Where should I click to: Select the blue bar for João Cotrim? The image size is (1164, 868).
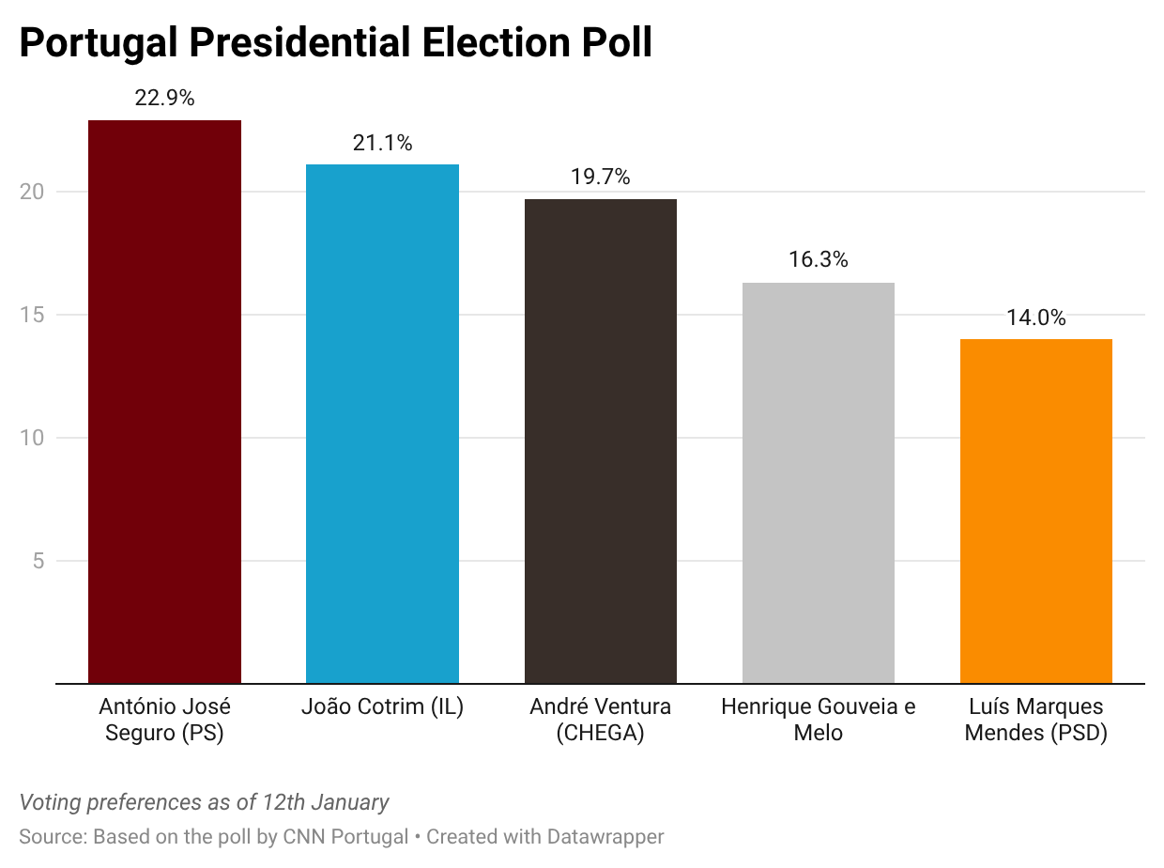point(382,424)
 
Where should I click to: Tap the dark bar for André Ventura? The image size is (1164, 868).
point(601,441)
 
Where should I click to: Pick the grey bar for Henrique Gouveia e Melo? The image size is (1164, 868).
point(819,483)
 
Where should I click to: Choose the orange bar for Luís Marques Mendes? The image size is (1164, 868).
point(1036,511)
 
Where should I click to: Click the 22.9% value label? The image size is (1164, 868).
point(164,98)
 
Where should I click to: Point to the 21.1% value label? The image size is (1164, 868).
point(382,143)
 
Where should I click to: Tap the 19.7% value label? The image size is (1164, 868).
point(601,177)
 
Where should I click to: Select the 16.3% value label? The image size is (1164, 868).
point(819,260)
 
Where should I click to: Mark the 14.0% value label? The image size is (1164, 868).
point(1036,318)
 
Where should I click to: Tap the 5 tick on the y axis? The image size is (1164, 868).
point(38,561)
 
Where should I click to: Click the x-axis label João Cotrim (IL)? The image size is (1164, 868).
point(382,706)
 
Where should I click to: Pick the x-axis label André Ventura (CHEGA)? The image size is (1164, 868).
point(601,720)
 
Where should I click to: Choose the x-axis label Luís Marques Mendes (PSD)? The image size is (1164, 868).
point(1036,720)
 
